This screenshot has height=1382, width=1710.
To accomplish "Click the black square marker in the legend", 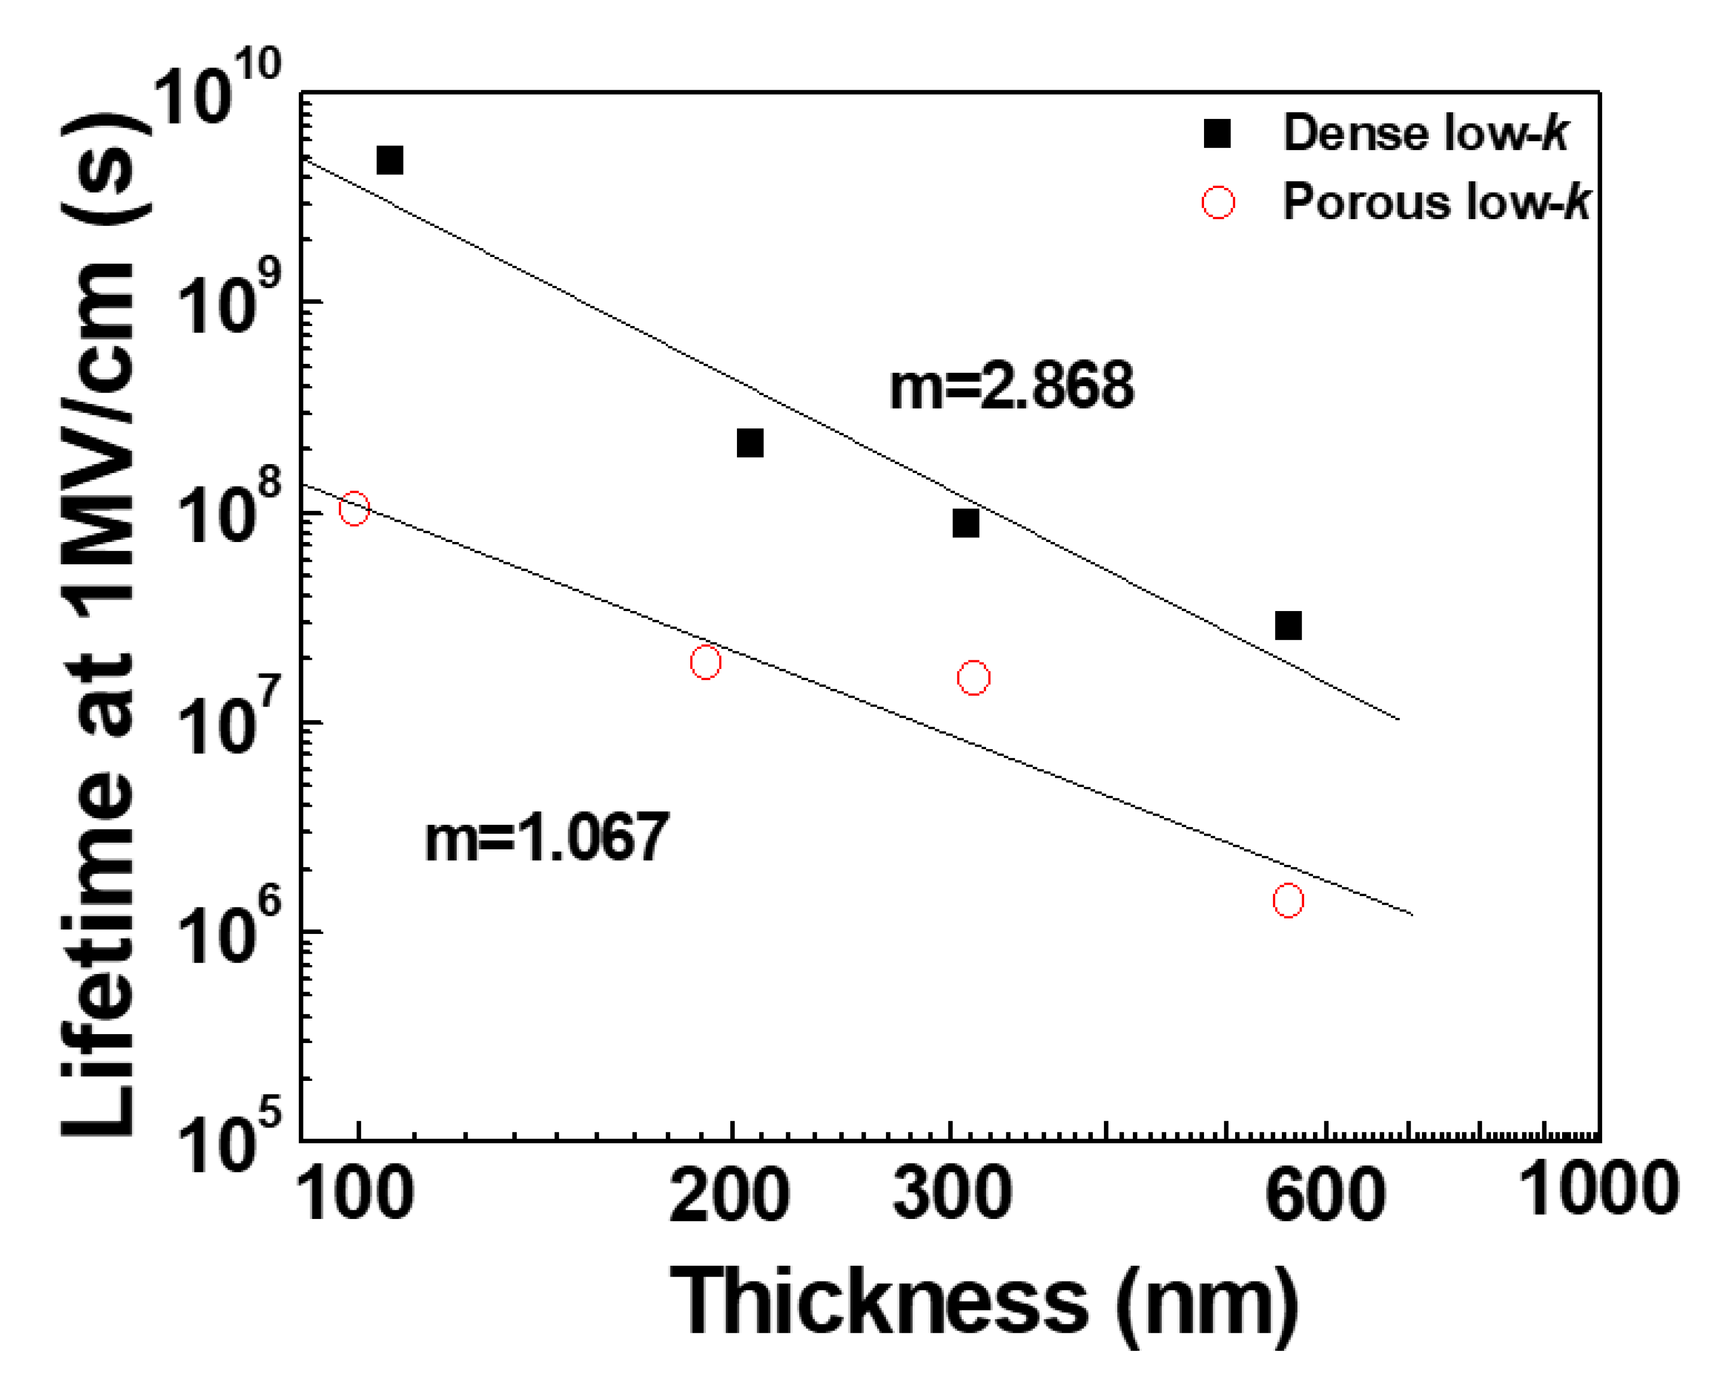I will [x=1216, y=134].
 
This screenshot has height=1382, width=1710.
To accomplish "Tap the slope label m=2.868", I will [x=1010, y=386].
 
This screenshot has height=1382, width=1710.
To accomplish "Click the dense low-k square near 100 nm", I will [x=389, y=160].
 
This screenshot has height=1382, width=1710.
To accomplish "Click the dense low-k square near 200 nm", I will [x=749, y=443].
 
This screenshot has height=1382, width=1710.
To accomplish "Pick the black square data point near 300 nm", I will [x=965, y=524].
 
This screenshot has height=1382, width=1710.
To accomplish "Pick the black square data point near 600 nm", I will [x=1288, y=626].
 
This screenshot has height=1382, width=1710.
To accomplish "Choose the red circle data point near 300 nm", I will [x=973, y=678].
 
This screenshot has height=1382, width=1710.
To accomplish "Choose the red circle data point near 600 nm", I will [x=1288, y=900].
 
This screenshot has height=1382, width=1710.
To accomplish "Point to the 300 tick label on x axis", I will [x=952, y=1194].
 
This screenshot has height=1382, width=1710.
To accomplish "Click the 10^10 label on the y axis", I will [x=215, y=89].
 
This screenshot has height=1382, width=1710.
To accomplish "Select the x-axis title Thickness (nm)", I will [x=984, y=1303].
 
